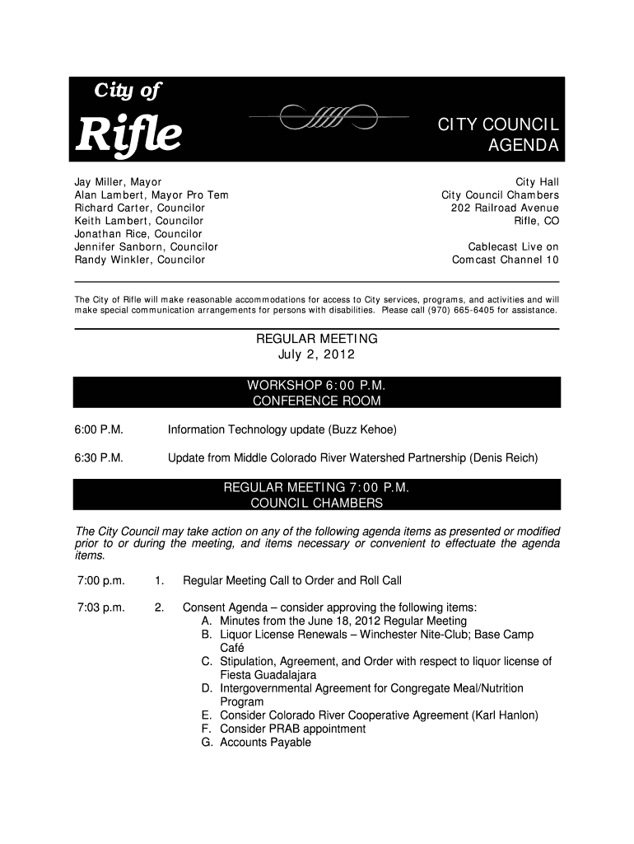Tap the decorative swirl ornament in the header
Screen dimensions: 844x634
pos(328,119)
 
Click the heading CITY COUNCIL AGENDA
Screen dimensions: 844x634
pos(498,136)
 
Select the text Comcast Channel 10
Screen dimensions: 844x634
pos(506,260)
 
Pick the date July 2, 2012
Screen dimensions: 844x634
pos(317,355)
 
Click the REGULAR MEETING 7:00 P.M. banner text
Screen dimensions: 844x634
pos(317,487)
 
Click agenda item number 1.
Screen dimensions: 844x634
pos(158,580)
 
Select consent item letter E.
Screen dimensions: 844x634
pos(206,715)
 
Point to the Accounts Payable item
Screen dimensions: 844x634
pos(265,742)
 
